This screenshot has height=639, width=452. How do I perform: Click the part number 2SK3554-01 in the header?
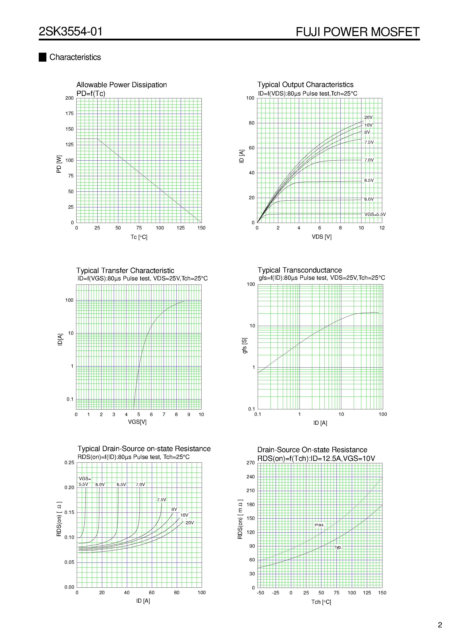(70, 31)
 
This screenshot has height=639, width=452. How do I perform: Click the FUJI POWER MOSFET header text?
(357, 32)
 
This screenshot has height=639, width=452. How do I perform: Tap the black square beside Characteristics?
(42, 57)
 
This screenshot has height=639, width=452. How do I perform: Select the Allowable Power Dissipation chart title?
(121, 85)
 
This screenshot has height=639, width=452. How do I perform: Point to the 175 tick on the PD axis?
(69, 114)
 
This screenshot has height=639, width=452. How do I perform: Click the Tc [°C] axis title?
(139, 237)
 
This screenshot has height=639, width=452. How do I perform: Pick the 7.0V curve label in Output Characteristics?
(369, 160)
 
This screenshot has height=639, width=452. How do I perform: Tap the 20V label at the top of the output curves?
(368, 117)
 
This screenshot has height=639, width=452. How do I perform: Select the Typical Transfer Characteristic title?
(125, 271)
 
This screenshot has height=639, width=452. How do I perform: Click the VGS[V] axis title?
(137, 422)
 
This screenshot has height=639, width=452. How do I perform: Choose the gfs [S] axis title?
(244, 346)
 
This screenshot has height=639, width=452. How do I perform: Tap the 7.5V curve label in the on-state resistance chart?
(161, 500)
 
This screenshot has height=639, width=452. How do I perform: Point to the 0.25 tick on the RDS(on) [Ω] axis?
(69, 463)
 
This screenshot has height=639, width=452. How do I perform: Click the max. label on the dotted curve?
(319, 525)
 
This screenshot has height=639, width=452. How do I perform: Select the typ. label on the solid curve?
(338, 547)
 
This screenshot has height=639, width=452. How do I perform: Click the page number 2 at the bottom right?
(440, 625)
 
